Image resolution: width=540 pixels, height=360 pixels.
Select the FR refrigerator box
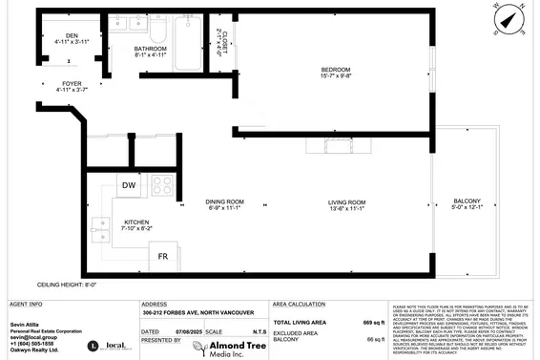164,257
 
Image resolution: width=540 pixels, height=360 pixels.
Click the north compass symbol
511,19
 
